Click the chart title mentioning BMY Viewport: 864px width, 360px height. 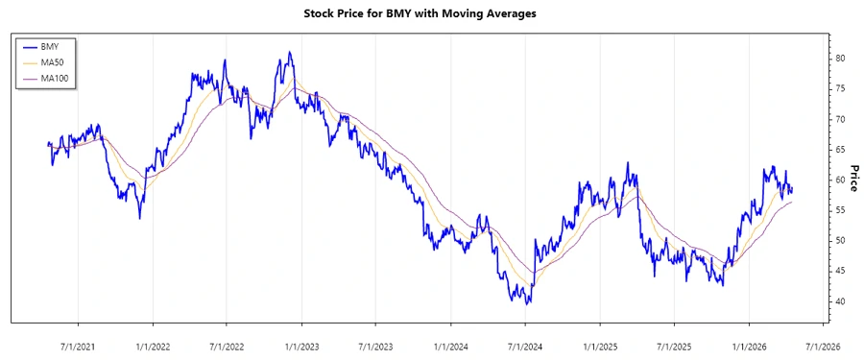pyautogui.click(x=432, y=14)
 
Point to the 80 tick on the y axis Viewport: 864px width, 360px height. pyautogui.click(x=839, y=58)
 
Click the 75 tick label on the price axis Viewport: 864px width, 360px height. pyautogui.click(x=839, y=88)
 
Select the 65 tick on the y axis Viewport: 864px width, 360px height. pyautogui.click(x=839, y=149)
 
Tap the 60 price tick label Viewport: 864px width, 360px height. pyautogui.click(x=839, y=180)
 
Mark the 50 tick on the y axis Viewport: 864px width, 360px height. pyautogui.click(x=839, y=241)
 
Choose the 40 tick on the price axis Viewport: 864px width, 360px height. pyautogui.click(x=839, y=301)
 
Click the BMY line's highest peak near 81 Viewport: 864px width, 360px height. pyautogui.click(x=289, y=53)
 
